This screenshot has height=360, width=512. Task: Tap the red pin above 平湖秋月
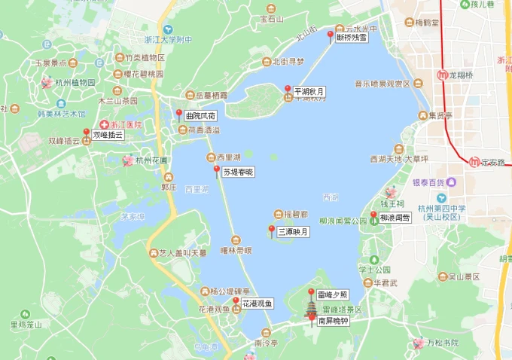point(288,90)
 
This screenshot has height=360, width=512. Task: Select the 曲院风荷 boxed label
point(200,117)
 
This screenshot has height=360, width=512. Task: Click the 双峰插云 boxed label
point(107,136)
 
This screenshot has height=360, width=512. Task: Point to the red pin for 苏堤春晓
point(217,169)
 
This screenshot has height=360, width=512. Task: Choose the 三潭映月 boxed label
point(293,232)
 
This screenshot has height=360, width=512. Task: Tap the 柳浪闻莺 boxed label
point(395,217)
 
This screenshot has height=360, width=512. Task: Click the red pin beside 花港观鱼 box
point(236,302)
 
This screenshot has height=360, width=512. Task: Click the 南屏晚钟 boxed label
point(332,320)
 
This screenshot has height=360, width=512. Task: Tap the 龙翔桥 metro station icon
point(443,75)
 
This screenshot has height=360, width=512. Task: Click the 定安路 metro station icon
point(474,162)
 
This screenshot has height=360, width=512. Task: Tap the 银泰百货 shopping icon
point(450,182)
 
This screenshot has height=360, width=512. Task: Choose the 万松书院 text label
point(443,343)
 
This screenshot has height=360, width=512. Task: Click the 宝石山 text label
point(271,18)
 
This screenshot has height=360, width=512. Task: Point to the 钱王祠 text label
point(392,204)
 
